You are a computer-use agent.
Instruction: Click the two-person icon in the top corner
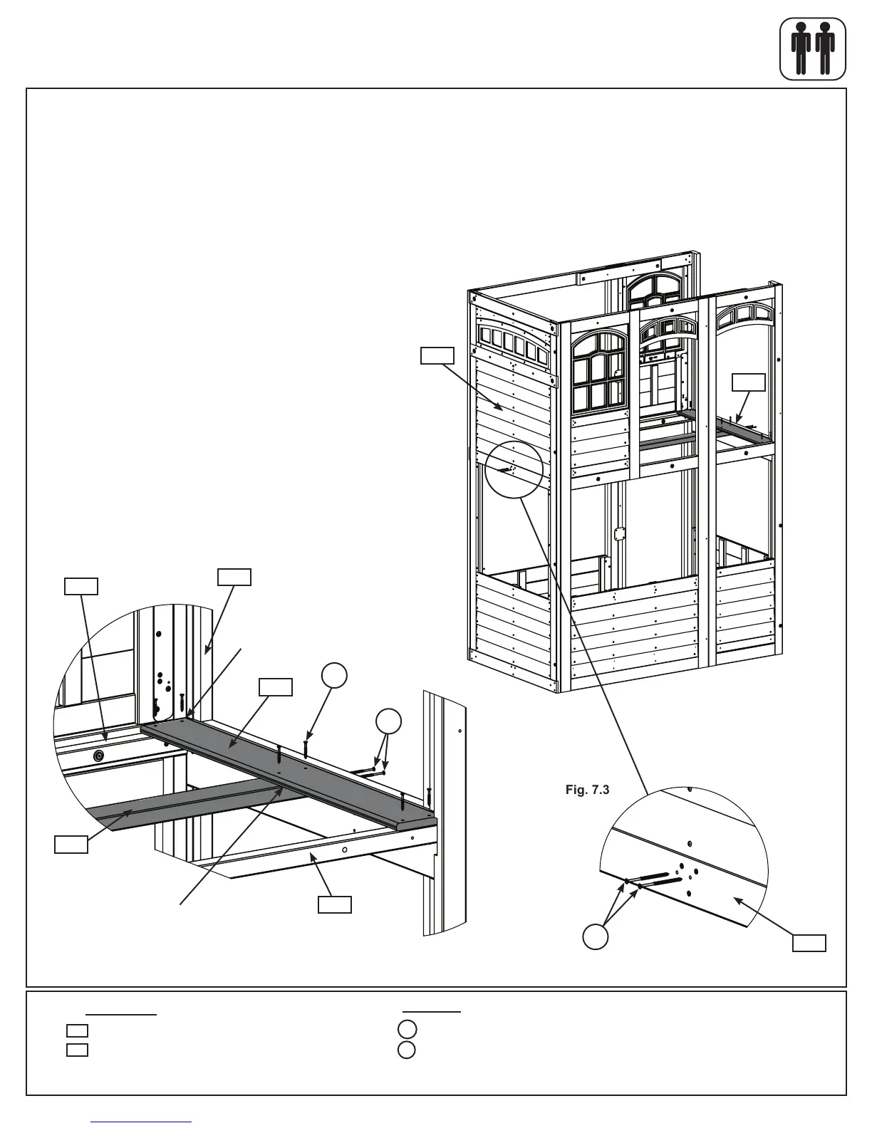coord(813,48)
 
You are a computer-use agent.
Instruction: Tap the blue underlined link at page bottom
coord(142,1122)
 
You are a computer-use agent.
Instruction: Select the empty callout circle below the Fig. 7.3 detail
coord(596,936)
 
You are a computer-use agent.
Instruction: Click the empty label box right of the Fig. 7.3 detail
coord(810,943)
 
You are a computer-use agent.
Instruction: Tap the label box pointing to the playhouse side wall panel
coord(437,355)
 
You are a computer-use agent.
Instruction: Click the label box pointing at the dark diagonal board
coord(275,686)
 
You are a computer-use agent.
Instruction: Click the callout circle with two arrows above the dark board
coord(388,721)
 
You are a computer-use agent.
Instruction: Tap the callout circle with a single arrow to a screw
coord(335,676)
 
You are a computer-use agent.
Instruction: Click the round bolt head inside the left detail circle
coord(100,755)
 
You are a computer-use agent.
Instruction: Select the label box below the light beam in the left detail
coord(334,904)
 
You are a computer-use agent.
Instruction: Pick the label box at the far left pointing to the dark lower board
coord(72,845)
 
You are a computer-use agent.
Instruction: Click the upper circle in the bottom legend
coord(406,1028)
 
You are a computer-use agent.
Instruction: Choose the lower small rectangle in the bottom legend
coord(77,1049)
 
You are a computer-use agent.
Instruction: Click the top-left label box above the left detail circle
coord(81,585)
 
